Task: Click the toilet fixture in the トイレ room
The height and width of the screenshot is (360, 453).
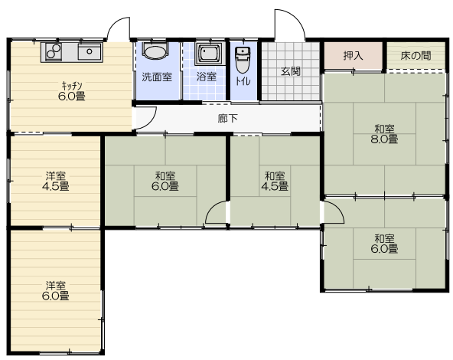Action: tap(243, 60)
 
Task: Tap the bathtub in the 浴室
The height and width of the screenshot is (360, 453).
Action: tap(210, 54)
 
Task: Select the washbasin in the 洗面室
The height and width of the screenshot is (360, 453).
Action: tap(155, 51)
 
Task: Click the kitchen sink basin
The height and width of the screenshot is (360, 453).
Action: tap(90, 52)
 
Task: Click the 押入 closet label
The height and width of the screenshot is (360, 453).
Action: tap(353, 55)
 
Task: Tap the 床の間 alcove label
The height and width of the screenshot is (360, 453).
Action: tap(416, 55)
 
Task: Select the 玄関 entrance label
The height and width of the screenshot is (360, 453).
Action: tap(291, 71)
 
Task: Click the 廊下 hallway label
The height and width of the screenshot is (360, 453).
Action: tap(228, 118)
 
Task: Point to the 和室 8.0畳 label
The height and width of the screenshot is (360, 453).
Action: tap(384, 134)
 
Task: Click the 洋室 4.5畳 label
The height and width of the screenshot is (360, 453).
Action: tap(55, 182)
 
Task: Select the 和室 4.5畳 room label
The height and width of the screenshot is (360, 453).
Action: tap(275, 182)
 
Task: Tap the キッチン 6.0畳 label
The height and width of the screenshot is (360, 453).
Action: tap(72, 91)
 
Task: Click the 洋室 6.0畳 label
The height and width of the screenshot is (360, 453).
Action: tap(55, 291)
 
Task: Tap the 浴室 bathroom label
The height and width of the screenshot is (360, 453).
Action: tap(207, 77)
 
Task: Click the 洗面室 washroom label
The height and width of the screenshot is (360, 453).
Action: tap(157, 77)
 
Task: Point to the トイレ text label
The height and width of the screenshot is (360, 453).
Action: tap(243, 81)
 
